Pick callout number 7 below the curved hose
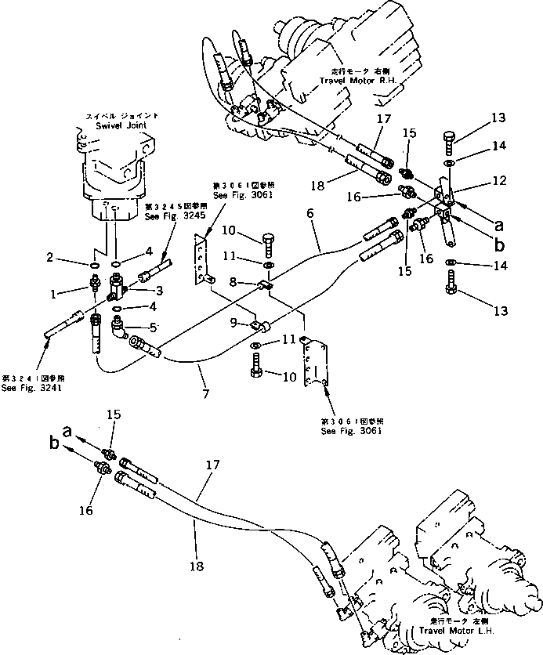click(x=205, y=389)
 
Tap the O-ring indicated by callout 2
click(x=93, y=266)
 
